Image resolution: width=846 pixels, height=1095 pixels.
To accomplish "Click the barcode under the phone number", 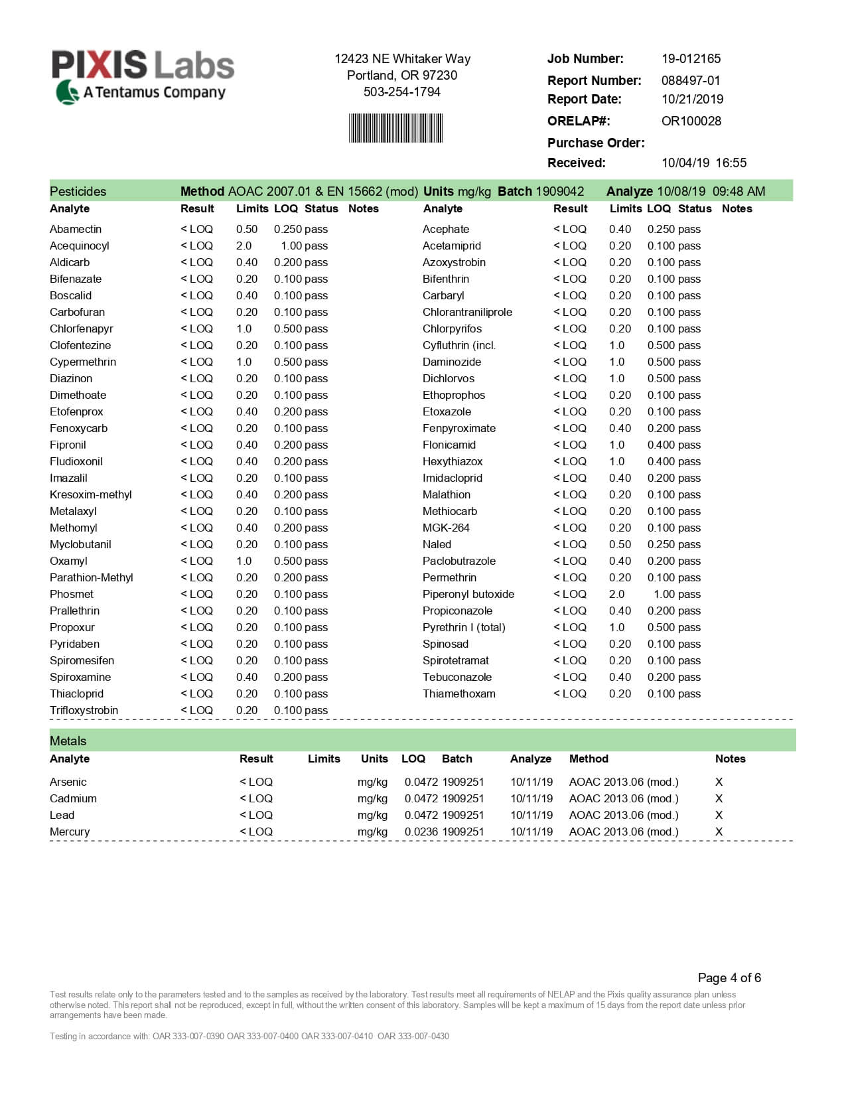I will [395, 128].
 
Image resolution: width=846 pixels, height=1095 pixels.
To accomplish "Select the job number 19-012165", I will [691, 58].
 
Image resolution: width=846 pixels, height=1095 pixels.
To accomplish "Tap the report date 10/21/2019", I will [692, 99].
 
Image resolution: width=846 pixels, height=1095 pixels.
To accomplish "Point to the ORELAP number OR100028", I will [691, 121].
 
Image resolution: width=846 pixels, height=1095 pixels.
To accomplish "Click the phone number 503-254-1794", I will [401, 92].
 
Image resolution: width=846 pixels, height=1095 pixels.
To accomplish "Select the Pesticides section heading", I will [78, 191].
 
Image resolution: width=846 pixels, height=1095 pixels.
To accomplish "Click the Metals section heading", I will [68, 741].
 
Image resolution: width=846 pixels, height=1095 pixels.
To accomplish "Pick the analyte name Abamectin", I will [76, 229].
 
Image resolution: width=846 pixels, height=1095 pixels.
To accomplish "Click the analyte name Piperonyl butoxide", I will [468, 594].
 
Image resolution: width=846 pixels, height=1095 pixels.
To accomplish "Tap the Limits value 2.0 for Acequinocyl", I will [244, 246].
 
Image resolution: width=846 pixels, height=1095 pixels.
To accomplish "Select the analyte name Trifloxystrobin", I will [84, 710].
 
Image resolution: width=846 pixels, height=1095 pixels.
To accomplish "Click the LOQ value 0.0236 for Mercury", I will [421, 832].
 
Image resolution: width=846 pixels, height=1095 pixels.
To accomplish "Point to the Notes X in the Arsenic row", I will [719, 782].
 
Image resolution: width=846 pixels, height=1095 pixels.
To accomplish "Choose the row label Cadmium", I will [73, 798].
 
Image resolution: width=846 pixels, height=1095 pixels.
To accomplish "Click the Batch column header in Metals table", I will [457, 759].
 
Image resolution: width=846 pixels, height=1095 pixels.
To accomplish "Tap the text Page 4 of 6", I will [729, 978].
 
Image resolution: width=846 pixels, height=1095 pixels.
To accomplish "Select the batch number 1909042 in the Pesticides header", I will [559, 191].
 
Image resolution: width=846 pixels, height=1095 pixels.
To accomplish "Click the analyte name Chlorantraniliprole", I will [467, 312].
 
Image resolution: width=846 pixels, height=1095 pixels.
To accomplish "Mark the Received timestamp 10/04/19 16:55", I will [703, 163].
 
